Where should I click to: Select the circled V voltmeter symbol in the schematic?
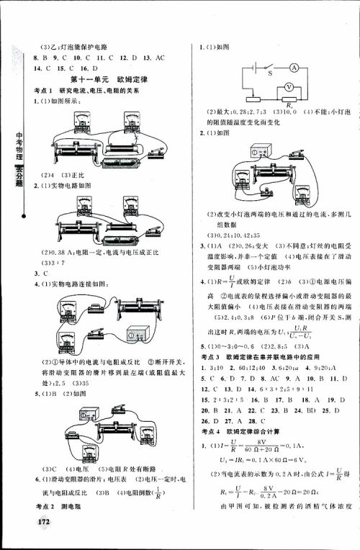289,86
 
